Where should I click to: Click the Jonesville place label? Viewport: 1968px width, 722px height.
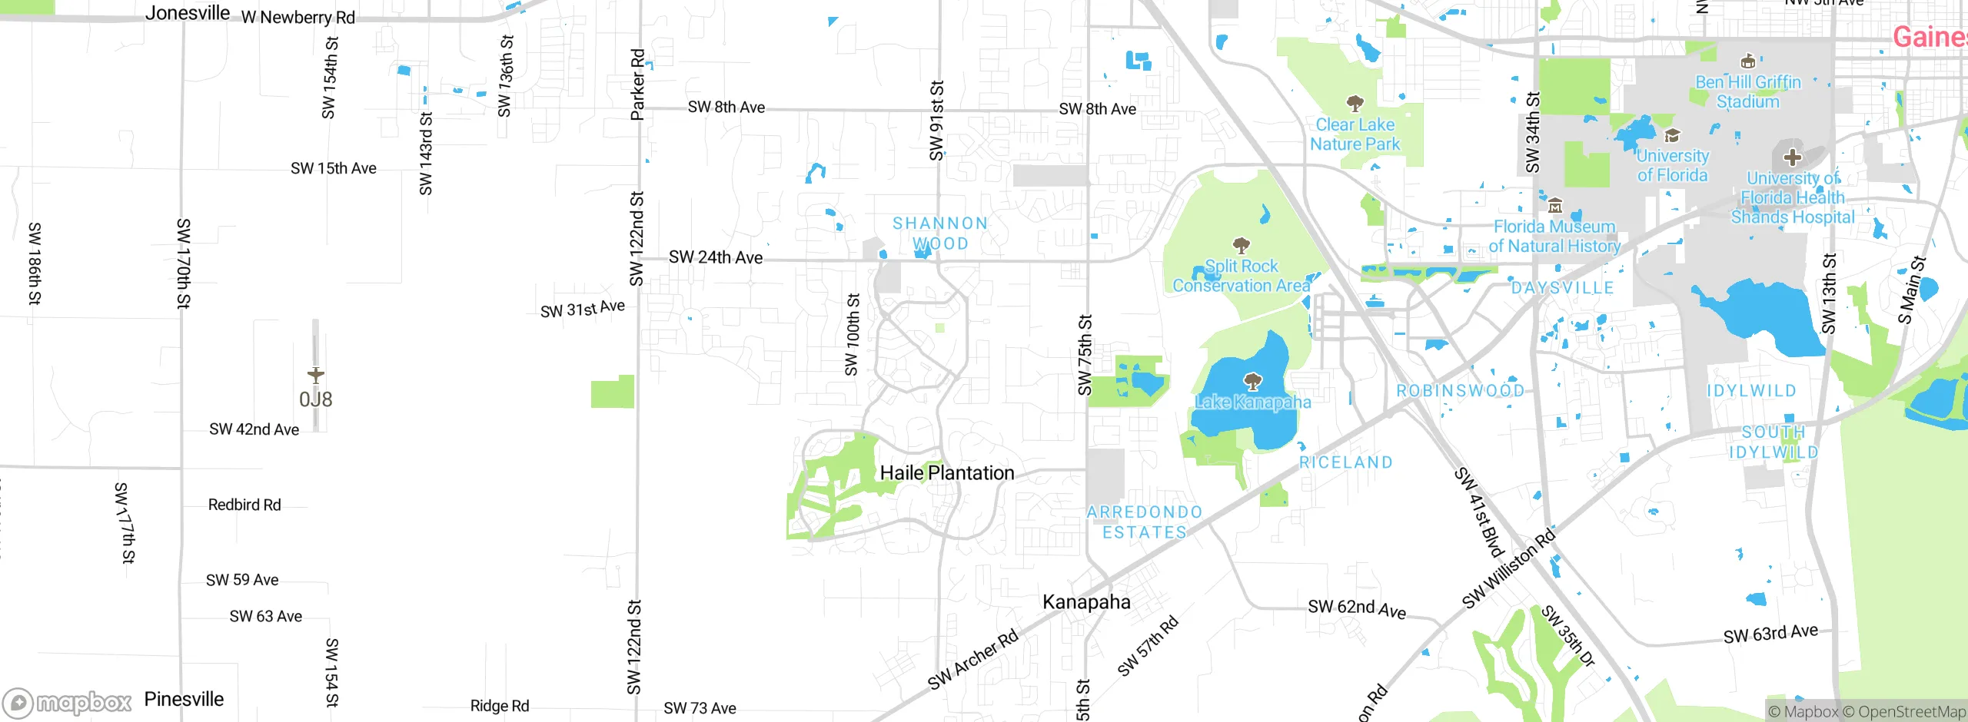pyautogui.click(x=188, y=13)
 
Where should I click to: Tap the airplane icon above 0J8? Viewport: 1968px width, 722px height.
pyautogui.click(x=315, y=375)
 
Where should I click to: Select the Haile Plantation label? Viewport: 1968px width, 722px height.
pyautogui.click(x=947, y=473)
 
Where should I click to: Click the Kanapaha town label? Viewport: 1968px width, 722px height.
pyautogui.click(x=1086, y=602)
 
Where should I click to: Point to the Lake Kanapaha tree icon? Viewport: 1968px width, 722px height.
pyautogui.click(x=1253, y=381)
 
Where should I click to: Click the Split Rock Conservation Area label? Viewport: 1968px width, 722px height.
pyautogui.click(x=1241, y=276)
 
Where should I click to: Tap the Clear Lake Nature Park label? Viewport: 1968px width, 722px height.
pyautogui.click(x=1355, y=134)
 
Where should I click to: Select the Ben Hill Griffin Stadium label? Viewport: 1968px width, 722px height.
pyautogui.click(x=1748, y=92)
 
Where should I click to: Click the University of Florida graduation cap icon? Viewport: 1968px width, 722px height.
pyautogui.click(x=1672, y=136)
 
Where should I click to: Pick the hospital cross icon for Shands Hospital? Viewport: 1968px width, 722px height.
pyautogui.click(x=1793, y=157)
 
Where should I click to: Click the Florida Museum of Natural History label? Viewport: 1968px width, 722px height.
pyautogui.click(x=1554, y=237)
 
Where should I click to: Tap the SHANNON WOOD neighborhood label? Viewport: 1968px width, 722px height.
pyautogui.click(x=940, y=233)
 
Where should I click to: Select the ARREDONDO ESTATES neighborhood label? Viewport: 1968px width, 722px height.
pyautogui.click(x=1145, y=522)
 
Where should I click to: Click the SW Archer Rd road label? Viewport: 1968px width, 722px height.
pyautogui.click(x=972, y=659)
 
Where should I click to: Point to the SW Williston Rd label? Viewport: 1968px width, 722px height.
pyautogui.click(x=1508, y=568)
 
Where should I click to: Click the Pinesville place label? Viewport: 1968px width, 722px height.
pyautogui.click(x=184, y=700)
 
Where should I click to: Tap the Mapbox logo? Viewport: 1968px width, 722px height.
pyautogui.click(x=68, y=702)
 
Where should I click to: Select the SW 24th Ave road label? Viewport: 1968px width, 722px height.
pyautogui.click(x=716, y=257)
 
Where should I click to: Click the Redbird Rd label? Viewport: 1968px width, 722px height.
pyautogui.click(x=244, y=505)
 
